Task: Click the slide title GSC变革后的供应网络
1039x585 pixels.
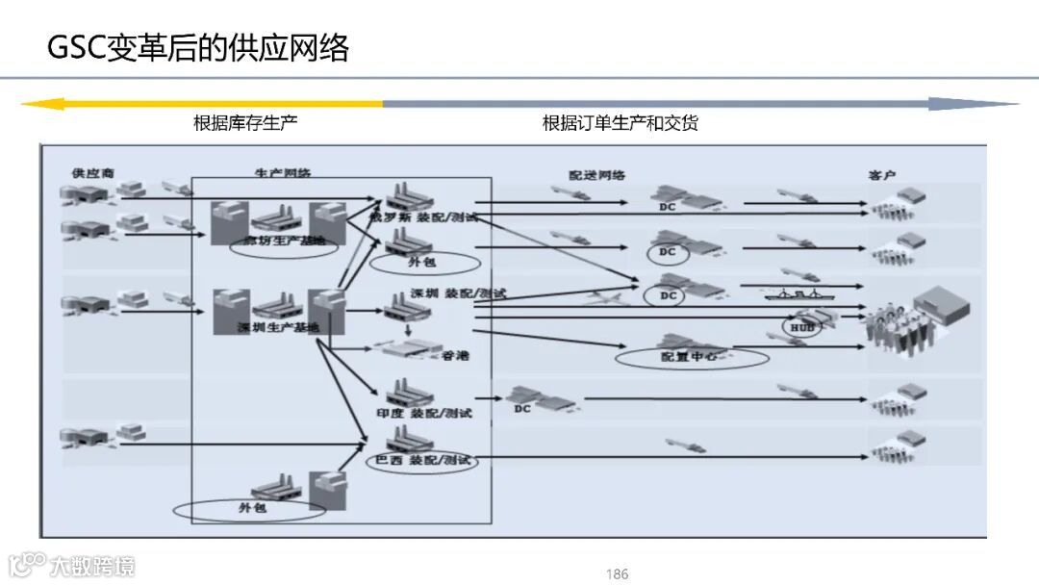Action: point(198,47)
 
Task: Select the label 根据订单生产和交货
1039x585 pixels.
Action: point(621,123)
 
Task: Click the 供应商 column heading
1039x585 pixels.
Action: point(92,173)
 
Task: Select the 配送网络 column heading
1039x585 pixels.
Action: point(596,175)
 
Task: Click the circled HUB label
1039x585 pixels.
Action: point(801,328)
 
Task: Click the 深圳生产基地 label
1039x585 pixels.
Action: point(278,327)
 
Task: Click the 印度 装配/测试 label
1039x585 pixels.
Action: point(424,413)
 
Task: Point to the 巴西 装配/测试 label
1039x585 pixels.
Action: point(424,461)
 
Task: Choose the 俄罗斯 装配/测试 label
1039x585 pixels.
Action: point(424,217)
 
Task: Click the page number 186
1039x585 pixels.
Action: point(617,574)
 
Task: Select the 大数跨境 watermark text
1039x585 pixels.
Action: point(93,565)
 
